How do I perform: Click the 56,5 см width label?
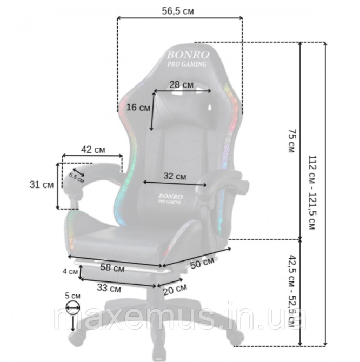point(178,11)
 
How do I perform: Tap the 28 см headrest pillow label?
point(181,85)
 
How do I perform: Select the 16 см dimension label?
point(138,108)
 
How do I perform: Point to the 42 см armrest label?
point(93,150)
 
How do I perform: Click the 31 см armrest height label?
point(42,185)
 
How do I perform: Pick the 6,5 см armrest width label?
point(76,177)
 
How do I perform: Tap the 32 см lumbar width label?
point(175,176)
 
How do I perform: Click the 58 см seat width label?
point(112,268)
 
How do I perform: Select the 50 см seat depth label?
point(202,263)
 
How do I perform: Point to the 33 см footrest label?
point(109,288)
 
